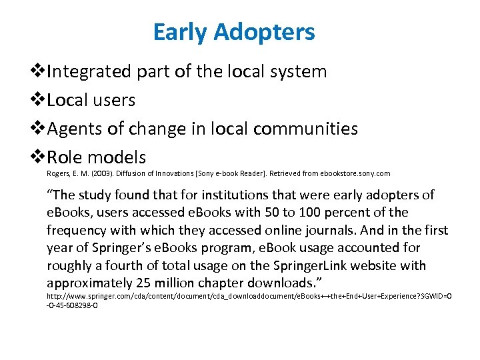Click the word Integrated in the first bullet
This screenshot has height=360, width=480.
tap(90, 71)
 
